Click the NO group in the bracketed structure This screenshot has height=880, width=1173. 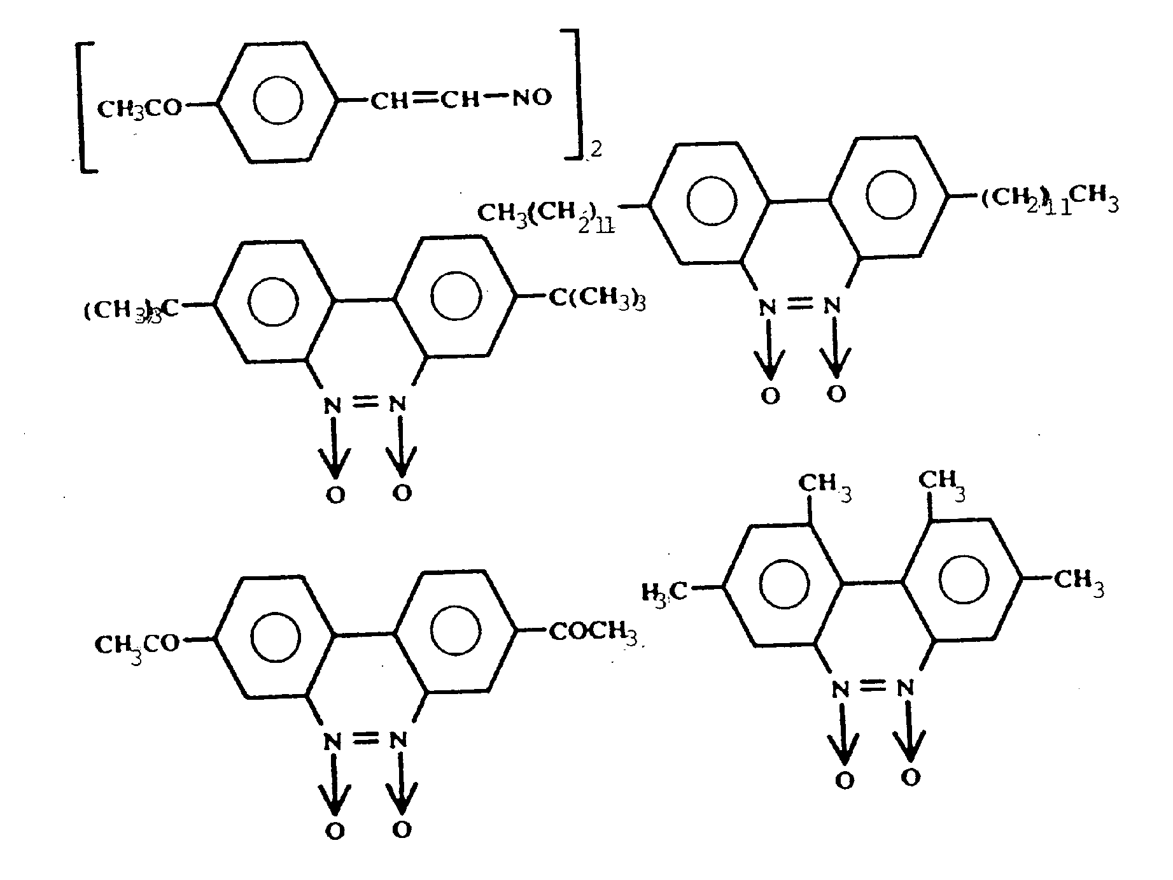coord(531,99)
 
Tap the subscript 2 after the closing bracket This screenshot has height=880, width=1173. coord(595,150)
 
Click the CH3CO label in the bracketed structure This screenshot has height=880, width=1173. coord(139,109)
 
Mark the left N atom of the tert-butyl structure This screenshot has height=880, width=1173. coord(329,406)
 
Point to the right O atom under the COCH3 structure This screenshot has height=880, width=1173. coord(401,830)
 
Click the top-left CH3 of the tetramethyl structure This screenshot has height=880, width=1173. coord(824,485)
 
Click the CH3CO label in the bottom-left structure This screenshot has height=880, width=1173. coord(137,645)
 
